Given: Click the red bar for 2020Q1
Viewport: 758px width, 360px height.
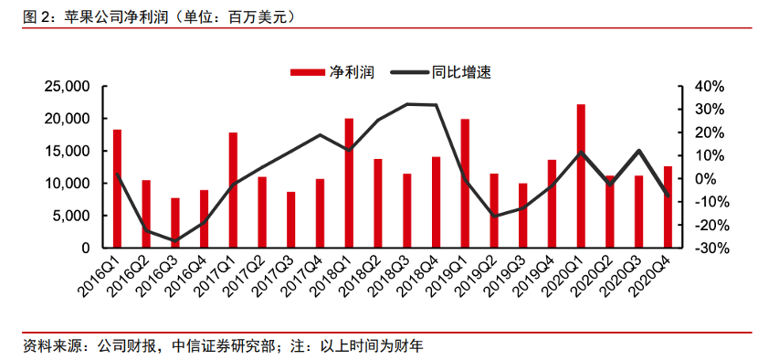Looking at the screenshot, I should click(x=581, y=176).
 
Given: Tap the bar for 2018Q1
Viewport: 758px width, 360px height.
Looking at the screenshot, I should click(x=350, y=183).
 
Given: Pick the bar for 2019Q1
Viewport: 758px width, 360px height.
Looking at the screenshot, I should click(x=466, y=183).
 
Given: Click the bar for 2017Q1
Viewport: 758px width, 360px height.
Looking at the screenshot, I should click(x=234, y=190).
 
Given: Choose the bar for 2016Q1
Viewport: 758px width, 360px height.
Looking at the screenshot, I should click(x=117, y=188).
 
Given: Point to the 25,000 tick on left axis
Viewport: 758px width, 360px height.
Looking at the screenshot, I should click(x=65, y=87).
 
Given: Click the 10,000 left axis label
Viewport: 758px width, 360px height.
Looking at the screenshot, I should click(x=65, y=184).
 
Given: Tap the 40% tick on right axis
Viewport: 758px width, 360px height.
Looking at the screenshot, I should click(x=709, y=87).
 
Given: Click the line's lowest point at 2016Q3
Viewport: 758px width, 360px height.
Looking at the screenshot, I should click(x=175, y=240).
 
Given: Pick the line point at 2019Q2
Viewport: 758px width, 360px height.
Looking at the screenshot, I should click(x=494, y=217).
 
